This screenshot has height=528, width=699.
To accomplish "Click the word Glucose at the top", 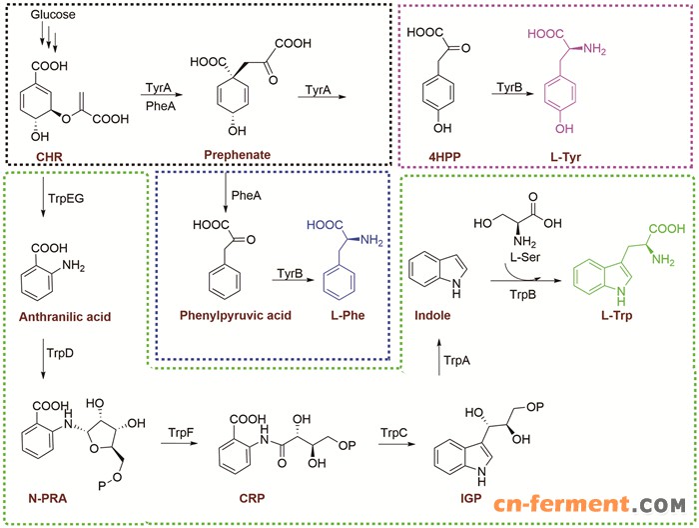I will click(50, 17).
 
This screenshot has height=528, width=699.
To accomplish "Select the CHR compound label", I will click(48, 156).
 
